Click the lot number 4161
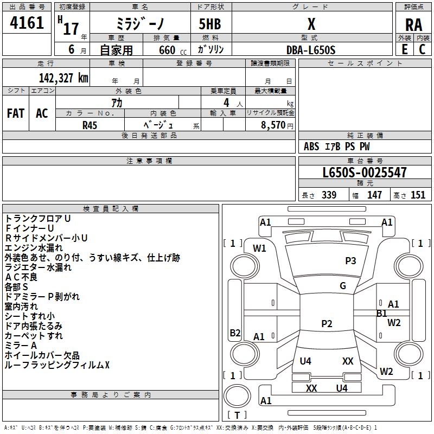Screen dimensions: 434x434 click(x=27, y=24)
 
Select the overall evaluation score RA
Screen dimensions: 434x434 click(x=413, y=25)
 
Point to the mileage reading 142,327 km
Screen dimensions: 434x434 click(x=63, y=78)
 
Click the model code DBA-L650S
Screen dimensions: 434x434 click(x=311, y=49)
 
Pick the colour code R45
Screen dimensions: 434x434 click(x=90, y=124)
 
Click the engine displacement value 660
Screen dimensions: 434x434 click(x=167, y=49)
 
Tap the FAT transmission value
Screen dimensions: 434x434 click(x=16, y=113)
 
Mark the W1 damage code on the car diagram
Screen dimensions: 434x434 click(x=259, y=248)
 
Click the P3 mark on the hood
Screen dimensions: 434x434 click(x=350, y=261)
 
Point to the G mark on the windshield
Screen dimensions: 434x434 click(x=343, y=286)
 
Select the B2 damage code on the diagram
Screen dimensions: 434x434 click(x=235, y=333)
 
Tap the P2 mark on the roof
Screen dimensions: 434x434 click(x=327, y=324)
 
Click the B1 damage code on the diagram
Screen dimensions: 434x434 click(x=382, y=313)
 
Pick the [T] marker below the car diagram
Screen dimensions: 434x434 click(x=237, y=415)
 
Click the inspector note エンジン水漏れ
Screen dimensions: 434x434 click(x=34, y=247)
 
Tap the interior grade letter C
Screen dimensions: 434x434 click(x=422, y=49)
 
